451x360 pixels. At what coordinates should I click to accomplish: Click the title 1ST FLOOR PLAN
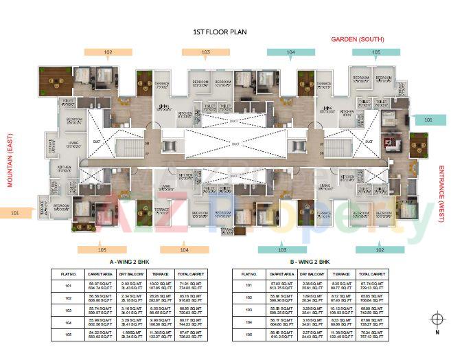pyautogui.click(x=220, y=32)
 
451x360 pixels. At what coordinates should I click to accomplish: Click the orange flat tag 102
pyautogui.click(x=107, y=52)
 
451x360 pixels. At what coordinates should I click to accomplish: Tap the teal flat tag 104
pyautogui.click(x=290, y=52)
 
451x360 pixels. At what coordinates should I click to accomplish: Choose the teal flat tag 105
pyautogui.click(x=375, y=52)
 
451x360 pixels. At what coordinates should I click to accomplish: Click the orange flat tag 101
pyautogui.click(x=16, y=214)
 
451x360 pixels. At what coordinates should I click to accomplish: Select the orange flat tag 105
pyautogui.click(x=102, y=249)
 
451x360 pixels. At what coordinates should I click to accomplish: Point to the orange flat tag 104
pyautogui.click(x=184, y=249)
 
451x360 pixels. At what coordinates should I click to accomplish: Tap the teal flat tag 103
pyautogui.click(x=281, y=249)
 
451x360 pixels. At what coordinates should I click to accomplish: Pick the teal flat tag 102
pyautogui.click(x=380, y=249)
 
